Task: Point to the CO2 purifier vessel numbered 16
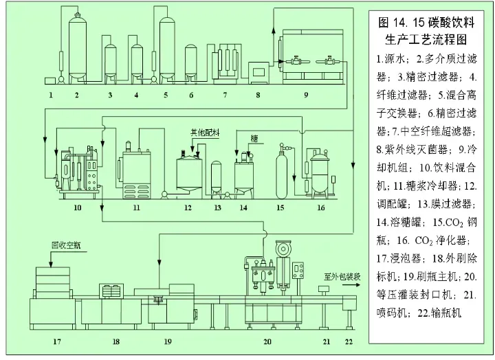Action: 320,170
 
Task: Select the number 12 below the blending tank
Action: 187,206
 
